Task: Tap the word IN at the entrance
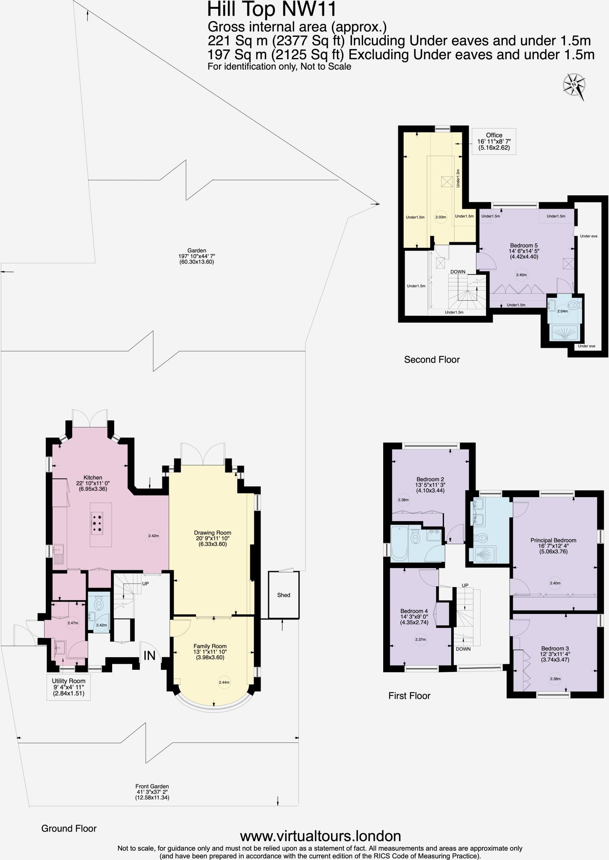coord(150,655)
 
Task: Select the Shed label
coord(284,595)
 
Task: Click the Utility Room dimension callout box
coord(69,687)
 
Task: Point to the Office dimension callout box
coord(494,141)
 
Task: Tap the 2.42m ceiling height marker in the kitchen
coord(154,536)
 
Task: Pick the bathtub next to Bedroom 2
coord(399,543)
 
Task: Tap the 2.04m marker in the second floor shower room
coord(562,311)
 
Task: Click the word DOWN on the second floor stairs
coord(458,272)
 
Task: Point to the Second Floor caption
coord(432,359)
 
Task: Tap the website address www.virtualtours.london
coord(320,835)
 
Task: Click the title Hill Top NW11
coord(272,9)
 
